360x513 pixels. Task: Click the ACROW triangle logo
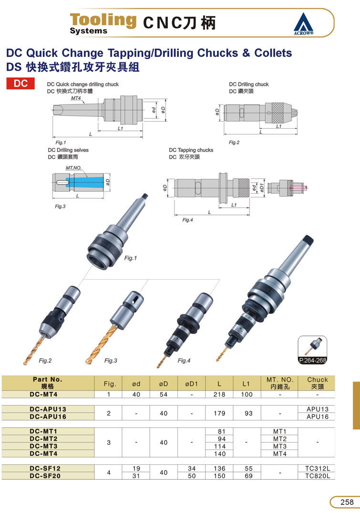click(303, 24)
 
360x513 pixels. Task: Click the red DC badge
click(21, 83)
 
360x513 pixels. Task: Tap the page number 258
click(347, 502)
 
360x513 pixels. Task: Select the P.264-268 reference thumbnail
click(312, 350)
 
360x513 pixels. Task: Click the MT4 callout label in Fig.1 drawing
click(76, 98)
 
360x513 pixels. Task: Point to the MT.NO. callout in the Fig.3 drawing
click(73, 168)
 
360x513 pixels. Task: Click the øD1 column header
click(191, 383)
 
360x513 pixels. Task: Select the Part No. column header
click(48, 383)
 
